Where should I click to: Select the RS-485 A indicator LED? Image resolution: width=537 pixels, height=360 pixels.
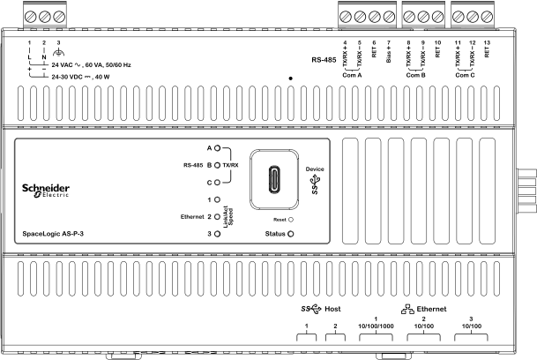(217, 148)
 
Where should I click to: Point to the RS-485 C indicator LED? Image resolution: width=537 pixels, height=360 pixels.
(217, 182)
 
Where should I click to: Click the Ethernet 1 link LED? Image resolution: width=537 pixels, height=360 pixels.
(217, 199)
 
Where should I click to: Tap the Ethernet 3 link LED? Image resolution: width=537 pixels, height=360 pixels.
(217, 234)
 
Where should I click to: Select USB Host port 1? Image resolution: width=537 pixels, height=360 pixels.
(308, 339)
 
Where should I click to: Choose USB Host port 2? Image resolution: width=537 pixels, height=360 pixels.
(337, 339)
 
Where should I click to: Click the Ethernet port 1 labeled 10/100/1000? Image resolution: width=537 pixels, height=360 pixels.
(376, 339)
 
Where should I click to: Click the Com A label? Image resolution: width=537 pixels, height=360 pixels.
(353, 74)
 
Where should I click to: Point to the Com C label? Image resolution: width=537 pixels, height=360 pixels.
(466, 74)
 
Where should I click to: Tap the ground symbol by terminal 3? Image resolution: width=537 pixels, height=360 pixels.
(59, 53)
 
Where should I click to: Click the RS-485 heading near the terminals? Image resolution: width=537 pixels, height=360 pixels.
(324, 61)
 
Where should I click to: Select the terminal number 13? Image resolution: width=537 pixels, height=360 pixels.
(487, 42)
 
